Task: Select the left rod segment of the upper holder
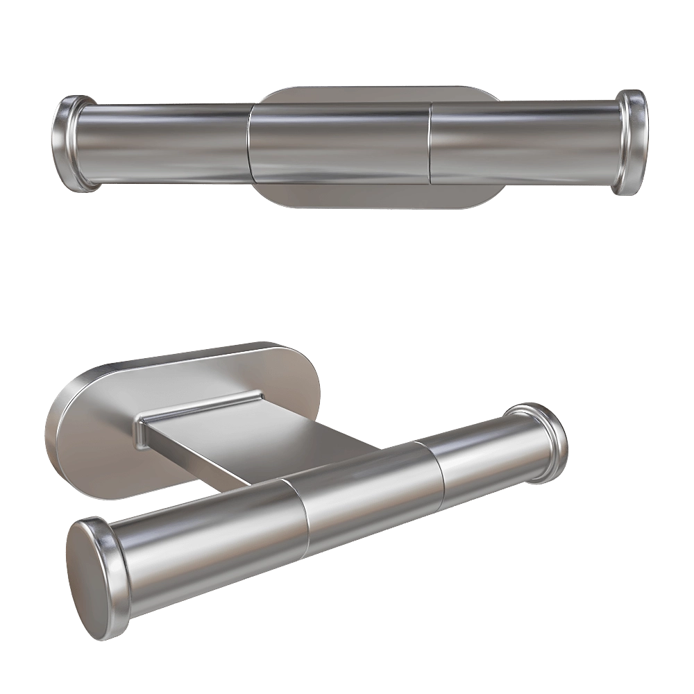[163, 144]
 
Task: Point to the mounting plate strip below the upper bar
[375, 196]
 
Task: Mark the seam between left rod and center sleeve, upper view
[251, 144]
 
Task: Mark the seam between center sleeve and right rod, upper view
[430, 144]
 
